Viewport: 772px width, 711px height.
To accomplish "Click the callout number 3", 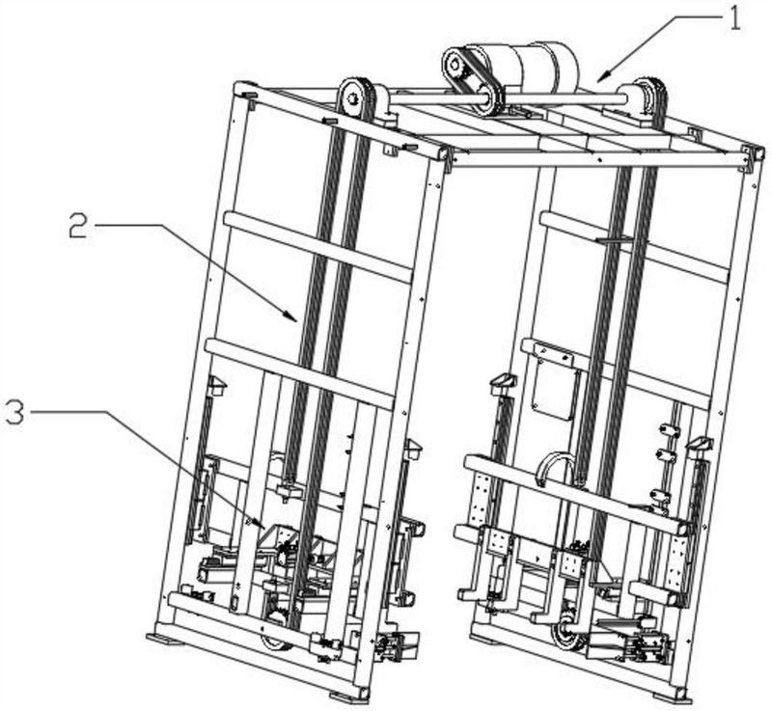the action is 14,413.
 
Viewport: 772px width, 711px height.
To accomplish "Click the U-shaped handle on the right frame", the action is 557,469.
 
